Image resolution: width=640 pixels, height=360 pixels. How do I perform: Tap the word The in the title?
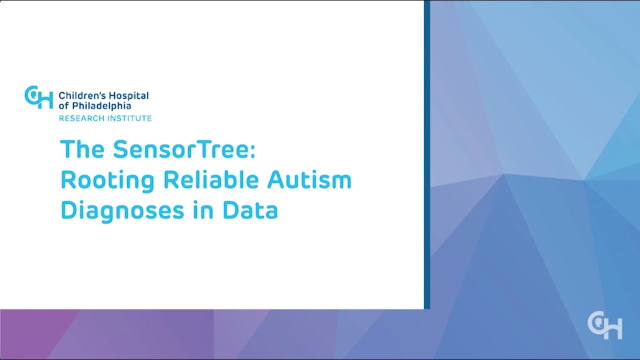(82, 149)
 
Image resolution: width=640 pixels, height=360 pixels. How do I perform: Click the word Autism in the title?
(309, 179)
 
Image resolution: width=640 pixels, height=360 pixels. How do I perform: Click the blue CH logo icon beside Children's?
(38, 97)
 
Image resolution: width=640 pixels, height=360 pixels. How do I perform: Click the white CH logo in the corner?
(604, 325)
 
